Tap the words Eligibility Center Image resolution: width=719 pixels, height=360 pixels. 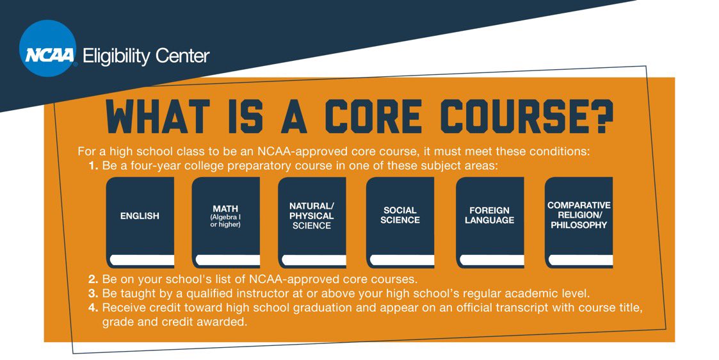[146, 56]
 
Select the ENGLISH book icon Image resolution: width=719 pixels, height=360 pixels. [140, 222]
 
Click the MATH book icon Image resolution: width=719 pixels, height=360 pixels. [225, 222]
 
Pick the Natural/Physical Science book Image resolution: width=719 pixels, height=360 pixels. [312, 222]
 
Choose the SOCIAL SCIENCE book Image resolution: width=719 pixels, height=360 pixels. [400, 222]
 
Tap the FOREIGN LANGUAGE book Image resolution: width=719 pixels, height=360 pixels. [490, 222]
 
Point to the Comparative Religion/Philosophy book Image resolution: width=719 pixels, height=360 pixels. [579, 222]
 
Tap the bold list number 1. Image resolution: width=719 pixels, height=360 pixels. [94, 165]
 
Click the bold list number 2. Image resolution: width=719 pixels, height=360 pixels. [93, 280]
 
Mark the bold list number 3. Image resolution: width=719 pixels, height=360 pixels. [93, 294]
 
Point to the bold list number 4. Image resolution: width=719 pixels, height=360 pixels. [93, 308]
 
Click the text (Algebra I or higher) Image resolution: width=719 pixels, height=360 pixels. [225, 221]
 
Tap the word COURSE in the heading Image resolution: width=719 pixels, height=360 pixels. [512, 117]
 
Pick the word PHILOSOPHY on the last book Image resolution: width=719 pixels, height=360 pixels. [579, 225]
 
